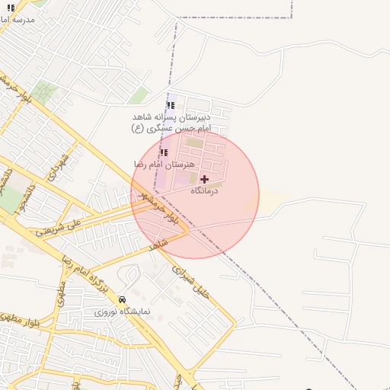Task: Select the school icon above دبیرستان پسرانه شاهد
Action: tap(170, 105)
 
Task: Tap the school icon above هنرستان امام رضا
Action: tap(164, 152)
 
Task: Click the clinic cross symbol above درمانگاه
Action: tap(204, 178)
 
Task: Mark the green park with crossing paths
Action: tap(43, 93)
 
